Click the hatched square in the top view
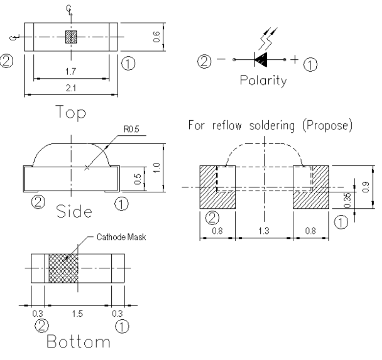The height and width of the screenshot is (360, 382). (x=72, y=37)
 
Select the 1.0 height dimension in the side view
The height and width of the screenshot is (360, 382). (x=156, y=168)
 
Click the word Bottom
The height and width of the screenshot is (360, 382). (x=76, y=342)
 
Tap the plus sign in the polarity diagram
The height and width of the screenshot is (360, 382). (x=294, y=60)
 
